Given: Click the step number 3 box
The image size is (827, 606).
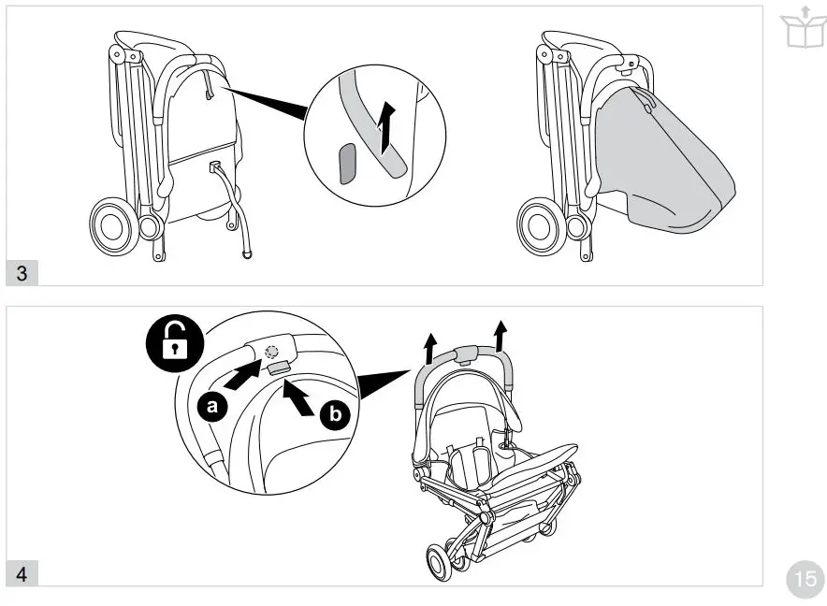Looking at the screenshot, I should [x=22, y=273].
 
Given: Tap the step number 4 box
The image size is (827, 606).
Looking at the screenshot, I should [x=22, y=573].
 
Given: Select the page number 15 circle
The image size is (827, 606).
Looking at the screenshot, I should [x=803, y=577].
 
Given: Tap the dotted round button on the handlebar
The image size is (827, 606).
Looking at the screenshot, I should [x=271, y=353].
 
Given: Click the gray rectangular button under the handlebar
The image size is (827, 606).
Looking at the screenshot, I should [x=277, y=369].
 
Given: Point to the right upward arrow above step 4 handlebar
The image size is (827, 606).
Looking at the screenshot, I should [x=500, y=333].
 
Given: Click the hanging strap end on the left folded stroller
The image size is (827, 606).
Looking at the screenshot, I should [x=246, y=253].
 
